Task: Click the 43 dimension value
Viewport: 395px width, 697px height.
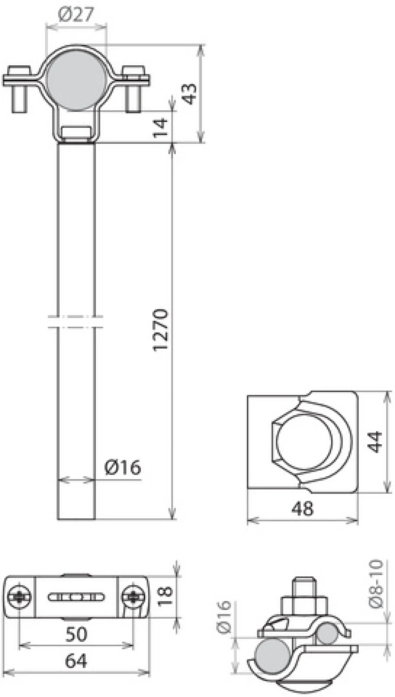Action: coord(189,94)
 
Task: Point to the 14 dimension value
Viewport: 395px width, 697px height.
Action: coord(160,128)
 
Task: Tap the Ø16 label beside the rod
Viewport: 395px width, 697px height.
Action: coord(123,467)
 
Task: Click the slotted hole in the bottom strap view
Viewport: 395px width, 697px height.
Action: coord(76,597)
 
